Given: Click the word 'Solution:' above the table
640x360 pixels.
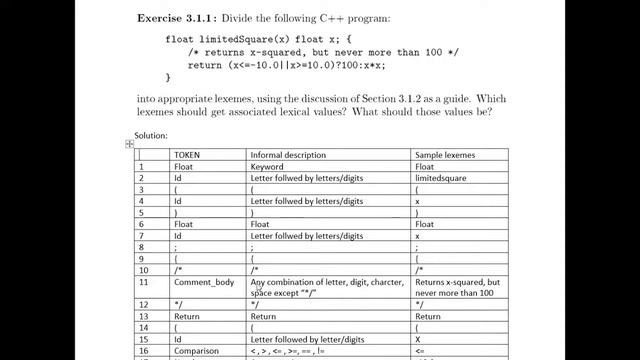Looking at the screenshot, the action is coord(153,135).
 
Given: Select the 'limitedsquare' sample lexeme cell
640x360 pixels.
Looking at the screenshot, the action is coord(447,178).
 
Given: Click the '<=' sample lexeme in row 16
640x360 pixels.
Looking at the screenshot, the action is coord(420,352).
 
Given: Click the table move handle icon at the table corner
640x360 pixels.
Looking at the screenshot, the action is coord(129,144).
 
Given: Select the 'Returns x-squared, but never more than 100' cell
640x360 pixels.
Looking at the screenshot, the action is coord(458,288).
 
